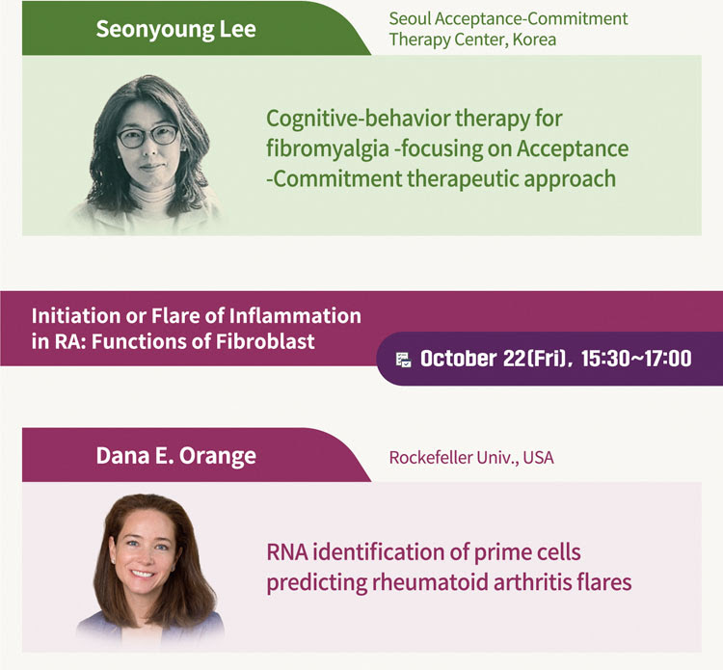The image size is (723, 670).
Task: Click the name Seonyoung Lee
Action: point(175,29)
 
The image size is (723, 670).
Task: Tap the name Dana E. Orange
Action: point(175,456)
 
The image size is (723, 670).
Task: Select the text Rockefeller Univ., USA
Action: point(471,457)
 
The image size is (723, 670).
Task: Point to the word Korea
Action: point(534,40)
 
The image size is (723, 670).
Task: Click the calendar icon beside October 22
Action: point(404,360)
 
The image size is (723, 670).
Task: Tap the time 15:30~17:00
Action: point(636,359)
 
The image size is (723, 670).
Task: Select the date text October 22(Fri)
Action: point(494,359)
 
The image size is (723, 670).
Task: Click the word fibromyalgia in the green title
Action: point(328,149)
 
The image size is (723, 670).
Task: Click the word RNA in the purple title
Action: point(287,552)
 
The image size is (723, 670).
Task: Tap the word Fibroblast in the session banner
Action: point(265,341)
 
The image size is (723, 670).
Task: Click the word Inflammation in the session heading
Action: point(295,316)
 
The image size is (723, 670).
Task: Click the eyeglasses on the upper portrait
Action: point(148,136)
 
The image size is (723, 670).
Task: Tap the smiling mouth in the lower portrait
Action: point(142,575)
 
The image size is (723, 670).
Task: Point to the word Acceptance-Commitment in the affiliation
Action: point(531,19)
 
